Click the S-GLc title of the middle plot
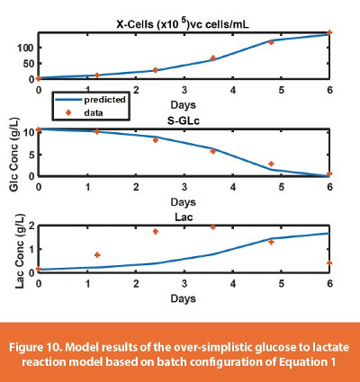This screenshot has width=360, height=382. (184, 120)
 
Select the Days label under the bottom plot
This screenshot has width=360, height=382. (184, 296)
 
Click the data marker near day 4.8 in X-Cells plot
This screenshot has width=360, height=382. (272, 42)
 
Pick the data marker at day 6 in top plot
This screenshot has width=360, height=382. (329, 33)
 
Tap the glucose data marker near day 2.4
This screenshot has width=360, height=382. (155, 140)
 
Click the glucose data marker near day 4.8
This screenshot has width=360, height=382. (272, 164)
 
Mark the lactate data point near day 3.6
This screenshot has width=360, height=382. (213, 227)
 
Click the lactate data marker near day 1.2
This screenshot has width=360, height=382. (97, 255)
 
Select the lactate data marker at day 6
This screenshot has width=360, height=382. (329, 263)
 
